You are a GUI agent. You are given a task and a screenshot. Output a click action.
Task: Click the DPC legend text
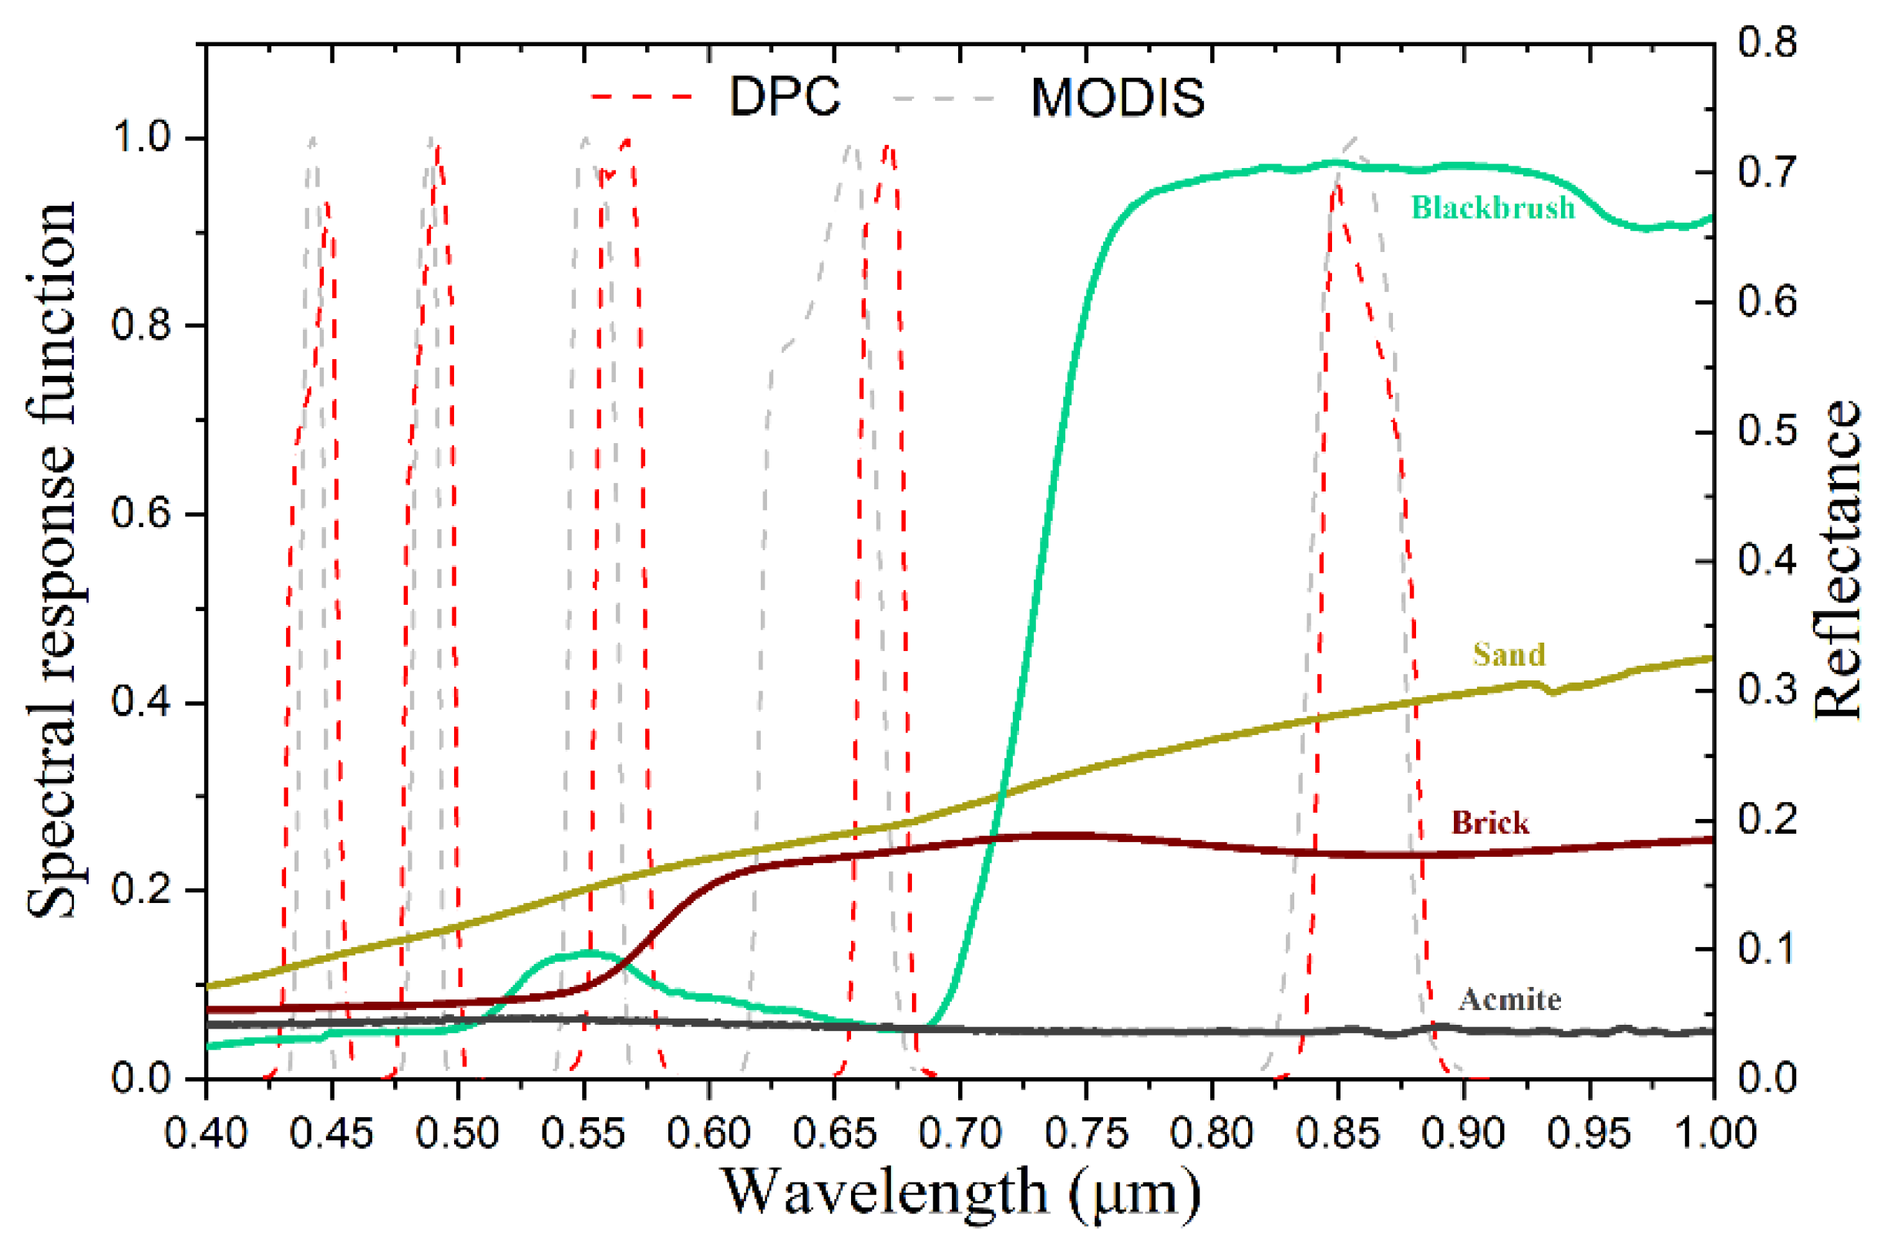click(784, 97)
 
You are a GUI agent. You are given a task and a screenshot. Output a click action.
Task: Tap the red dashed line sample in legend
click(641, 97)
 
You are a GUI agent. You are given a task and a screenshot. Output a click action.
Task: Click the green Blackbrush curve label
click(1492, 208)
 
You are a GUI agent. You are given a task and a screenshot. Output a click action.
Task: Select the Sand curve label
click(1509, 655)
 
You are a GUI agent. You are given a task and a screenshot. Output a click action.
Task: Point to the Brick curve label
click(1489, 823)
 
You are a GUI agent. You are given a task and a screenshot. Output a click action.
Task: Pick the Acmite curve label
click(1509, 999)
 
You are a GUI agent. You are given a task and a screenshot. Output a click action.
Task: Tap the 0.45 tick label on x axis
click(331, 1133)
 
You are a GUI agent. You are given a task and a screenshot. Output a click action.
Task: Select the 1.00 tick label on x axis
click(1713, 1133)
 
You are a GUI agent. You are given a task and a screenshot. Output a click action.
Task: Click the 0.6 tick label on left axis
click(141, 513)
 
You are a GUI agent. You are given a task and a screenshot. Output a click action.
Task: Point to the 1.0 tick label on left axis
click(141, 138)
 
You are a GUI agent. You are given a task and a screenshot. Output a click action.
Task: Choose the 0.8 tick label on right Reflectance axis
click(1767, 42)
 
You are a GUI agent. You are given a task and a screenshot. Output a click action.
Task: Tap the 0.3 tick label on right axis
click(1767, 690)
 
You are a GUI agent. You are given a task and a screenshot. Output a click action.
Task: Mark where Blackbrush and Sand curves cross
click(1001, 794)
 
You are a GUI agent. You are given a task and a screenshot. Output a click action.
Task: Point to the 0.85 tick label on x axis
click(1337, 1133)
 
